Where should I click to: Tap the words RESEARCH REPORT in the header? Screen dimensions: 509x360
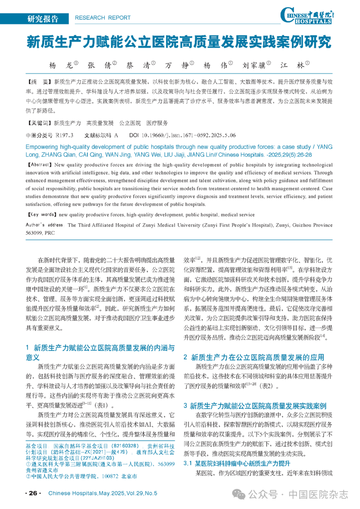point(102,18)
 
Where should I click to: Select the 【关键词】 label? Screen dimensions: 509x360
point(39,122)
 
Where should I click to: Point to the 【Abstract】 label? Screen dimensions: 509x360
point(40,165)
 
